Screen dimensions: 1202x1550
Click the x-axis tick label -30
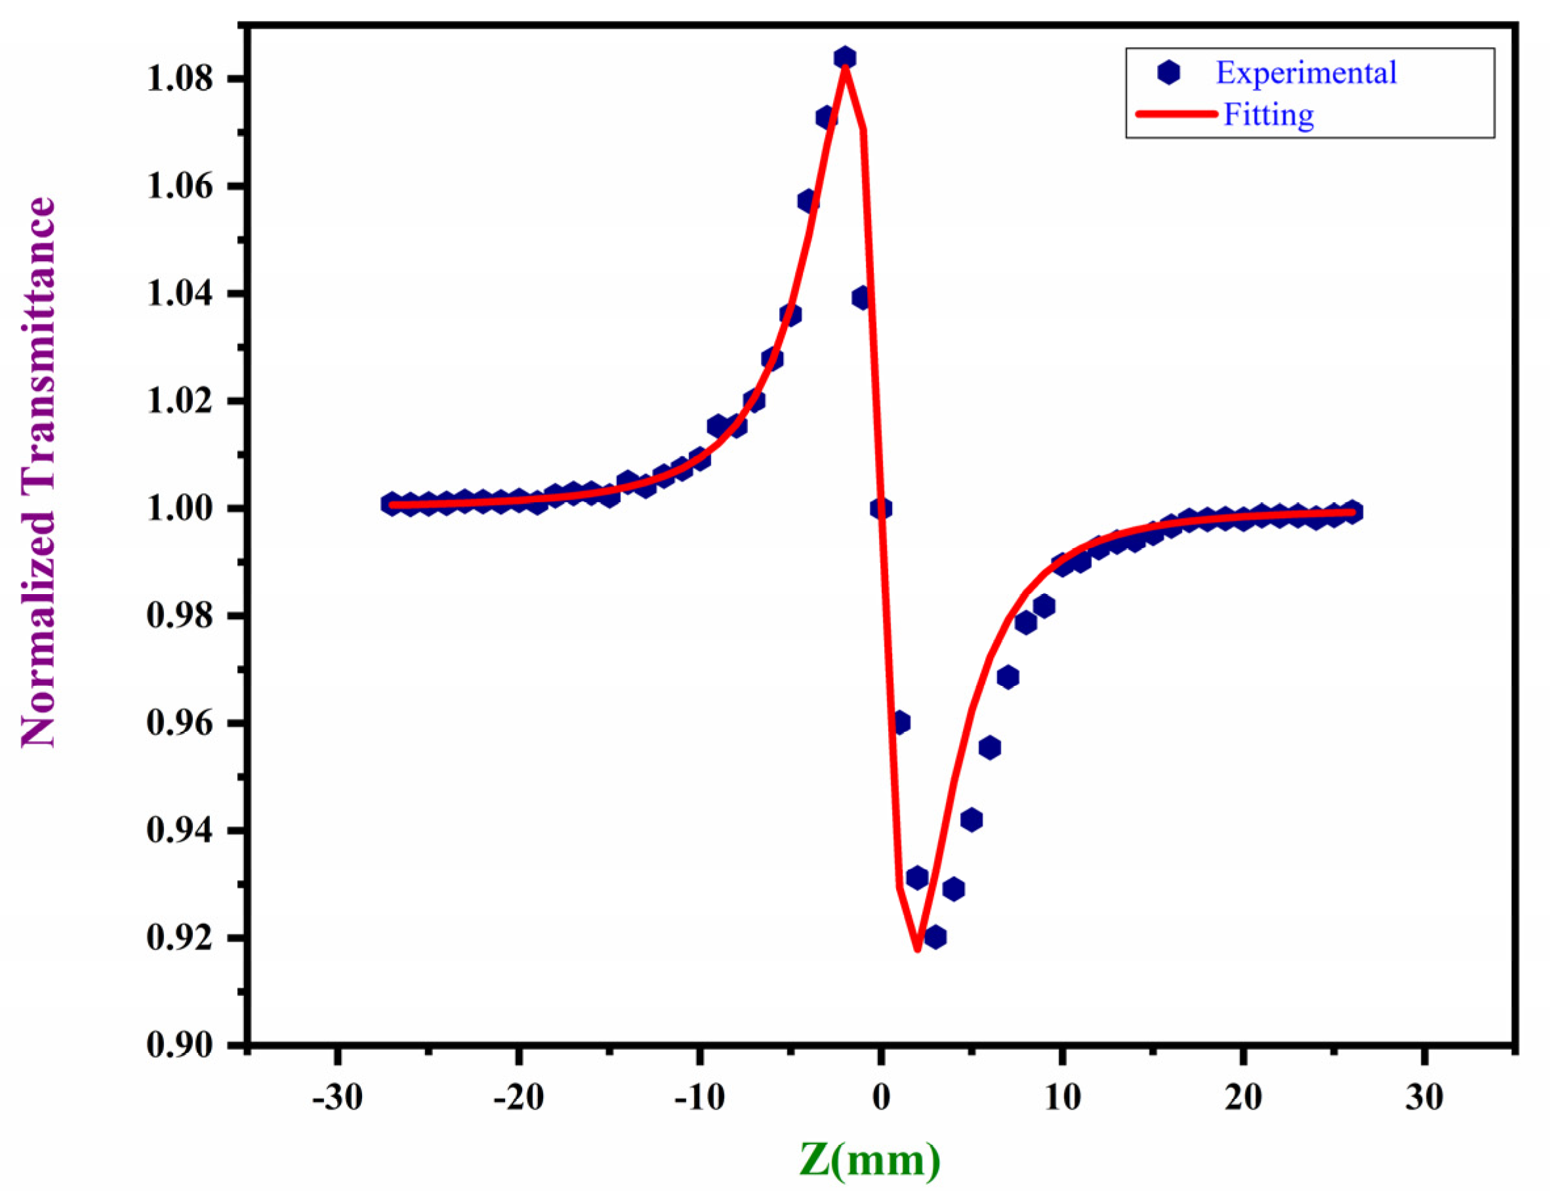[337, 1098]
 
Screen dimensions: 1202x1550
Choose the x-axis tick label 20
[1243, 1098]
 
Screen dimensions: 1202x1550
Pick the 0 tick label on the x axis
[881, 1098]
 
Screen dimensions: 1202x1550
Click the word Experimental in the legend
[1306, 72]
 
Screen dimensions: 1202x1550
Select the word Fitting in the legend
[1268, 114]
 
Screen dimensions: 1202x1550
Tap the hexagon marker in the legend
[1168, 71]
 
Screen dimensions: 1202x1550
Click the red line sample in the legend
[1176, 114]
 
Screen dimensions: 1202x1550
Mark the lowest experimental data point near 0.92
[935, 937]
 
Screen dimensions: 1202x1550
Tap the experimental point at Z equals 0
[881, 508]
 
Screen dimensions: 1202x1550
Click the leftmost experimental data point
[391, 504]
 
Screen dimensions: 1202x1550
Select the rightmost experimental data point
[1352, 511]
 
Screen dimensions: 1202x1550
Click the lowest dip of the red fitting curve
[917, 949]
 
